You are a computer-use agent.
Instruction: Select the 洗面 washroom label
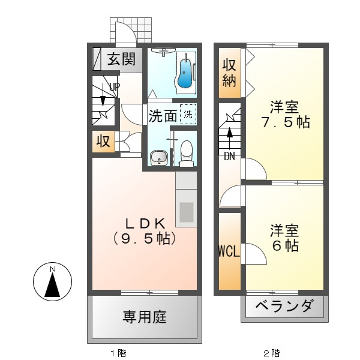pyautogui.click(x=163, y=116)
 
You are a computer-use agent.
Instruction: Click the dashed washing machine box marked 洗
pyautogui.click(x=188, y=114)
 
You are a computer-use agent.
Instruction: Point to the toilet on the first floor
pyautogui.click(x=187, y=153)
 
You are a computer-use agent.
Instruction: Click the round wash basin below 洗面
pyautogui.click(x=159, y=158)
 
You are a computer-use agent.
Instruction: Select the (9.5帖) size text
pyautogui.click(x=144, y=238)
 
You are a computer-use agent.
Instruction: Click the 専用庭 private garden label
pyautogui.click(x=145, y=316)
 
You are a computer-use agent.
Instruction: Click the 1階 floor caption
pyautogui.click(x=118, y=353)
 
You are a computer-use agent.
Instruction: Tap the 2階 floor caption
pyautogui.click(x=271, y=353)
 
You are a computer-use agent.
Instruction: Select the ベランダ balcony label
pyautogui.click(x=284, y=307)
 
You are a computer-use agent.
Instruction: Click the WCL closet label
pyautogui.click(x=229, y=251)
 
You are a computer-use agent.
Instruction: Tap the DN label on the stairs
pyautogui.click(x=229, y=157)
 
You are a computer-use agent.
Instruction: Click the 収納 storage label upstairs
pyautogui.click(x=229, y=73)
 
